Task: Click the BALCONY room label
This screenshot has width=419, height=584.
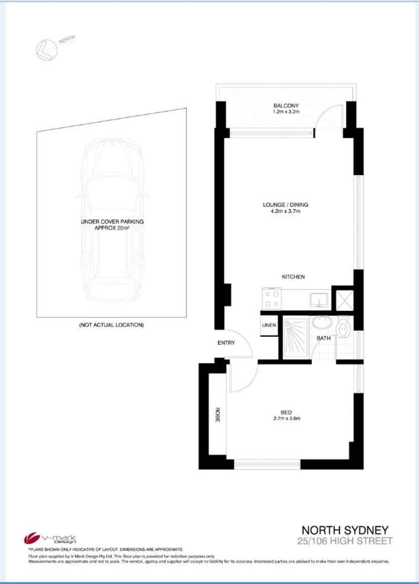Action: pyautogui.click(x=286, y=106)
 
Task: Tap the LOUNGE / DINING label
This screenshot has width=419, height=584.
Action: pyautogui.click(x=285, y=205)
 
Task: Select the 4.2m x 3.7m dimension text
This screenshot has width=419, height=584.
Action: pyautogui.click(x=285, y=212)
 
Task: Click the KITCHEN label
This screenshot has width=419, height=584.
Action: pyautogui.click(x=293, y=277)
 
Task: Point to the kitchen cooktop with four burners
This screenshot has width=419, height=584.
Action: pyautogui.click(x=271, y=299)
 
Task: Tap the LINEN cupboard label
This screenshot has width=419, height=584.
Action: pyautogui.click(x=269, y=326)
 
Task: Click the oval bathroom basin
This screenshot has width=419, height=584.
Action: pyautogui.click(x=321, y=322)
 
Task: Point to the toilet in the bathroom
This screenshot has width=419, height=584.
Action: pyautogui.click(x=345, y=328)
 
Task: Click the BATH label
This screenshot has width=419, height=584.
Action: pyautogui.click(x=324, y=338)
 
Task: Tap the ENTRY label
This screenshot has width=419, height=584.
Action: pyautogui.click(x=226, y=343)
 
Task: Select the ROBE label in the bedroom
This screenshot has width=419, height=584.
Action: pyautogui.click(x=217, y=415)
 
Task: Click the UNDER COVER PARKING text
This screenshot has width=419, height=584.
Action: pyautogui.click(x=112, y=222)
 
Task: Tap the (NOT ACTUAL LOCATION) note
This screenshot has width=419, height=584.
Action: pyautogui.click(x=112, y=325)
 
